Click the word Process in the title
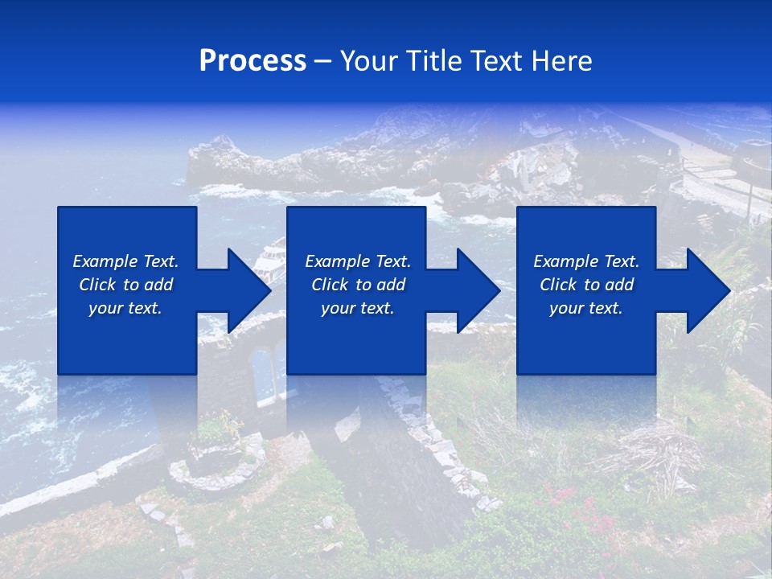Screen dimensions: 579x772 click(x=253, y=61)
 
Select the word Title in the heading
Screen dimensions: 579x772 click(x=434, y=61)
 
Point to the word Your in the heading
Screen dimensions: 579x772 click(x=371, y=61)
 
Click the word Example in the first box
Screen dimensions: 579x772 click(x=105, y=261)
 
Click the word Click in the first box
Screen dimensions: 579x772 click(x=97, y=285)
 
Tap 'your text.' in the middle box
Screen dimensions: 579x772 click(x=357, y=308)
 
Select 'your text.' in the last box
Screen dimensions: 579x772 click(x=585, y=308)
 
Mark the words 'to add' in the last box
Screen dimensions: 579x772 click(x=611, y=285)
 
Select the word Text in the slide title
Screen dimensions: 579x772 click(x=495, y=61)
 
